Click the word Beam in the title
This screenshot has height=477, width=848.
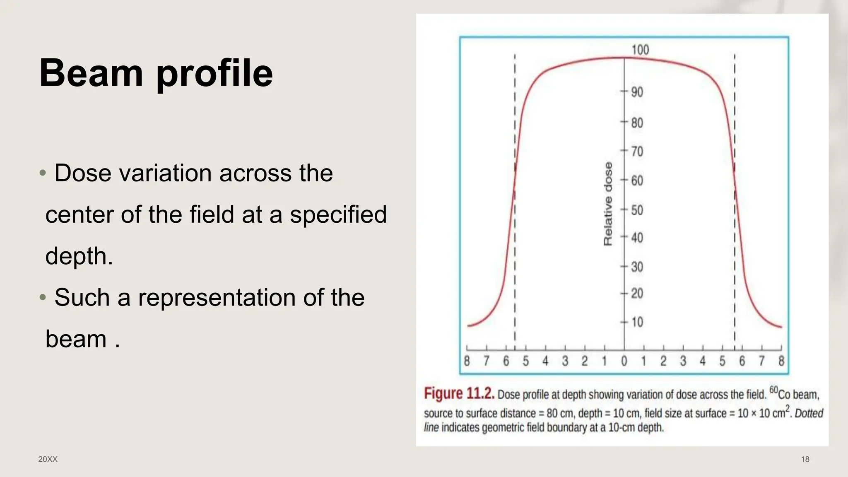click(x=91, y=73)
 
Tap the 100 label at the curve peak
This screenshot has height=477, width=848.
click(x=640, y=50)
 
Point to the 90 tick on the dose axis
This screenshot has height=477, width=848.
click(x=637, y=92)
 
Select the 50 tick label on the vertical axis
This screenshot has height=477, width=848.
click(x=637, y=210)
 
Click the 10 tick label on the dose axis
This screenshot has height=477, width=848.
click(x=637, y=322)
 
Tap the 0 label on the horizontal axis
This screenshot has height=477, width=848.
click(x=624, y=361)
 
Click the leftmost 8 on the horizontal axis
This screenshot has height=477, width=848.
click(x=467, y=361)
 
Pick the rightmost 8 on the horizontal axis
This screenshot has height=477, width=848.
click(x=781, y=361)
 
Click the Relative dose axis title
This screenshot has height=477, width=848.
click(x=608, y=204)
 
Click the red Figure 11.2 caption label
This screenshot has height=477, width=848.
click(x=459, y=393)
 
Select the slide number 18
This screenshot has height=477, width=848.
click(x=805, y=459)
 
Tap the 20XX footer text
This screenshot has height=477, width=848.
click(x=48, y=459)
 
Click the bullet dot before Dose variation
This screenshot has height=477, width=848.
click(x=43, y=173)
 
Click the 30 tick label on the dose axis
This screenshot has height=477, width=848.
click(x=637, y=267)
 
